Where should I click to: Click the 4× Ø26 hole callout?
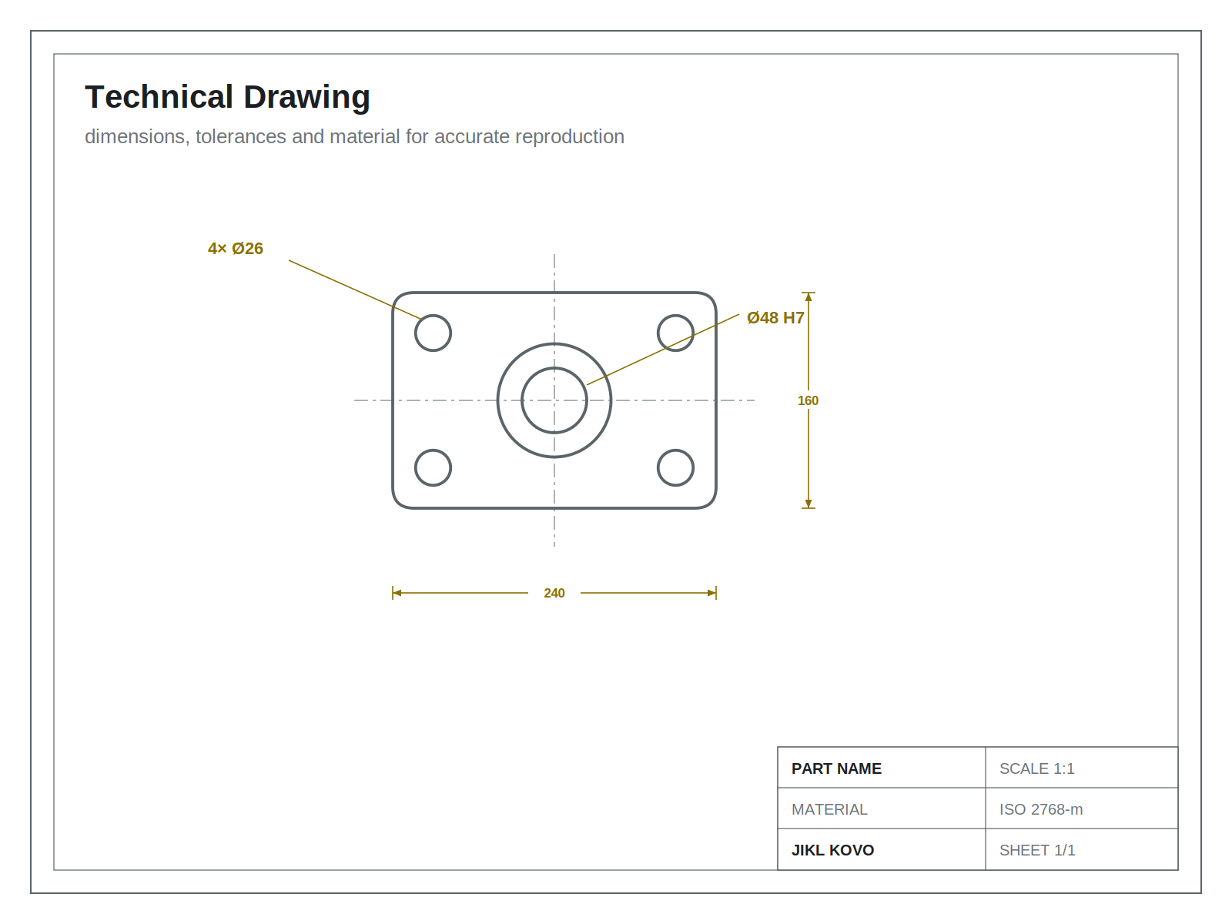[235, 249]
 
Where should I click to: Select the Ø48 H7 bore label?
[775, 318]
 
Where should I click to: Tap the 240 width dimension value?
[554, 593]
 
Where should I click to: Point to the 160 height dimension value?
[808, 400]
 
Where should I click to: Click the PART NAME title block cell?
[836, 768]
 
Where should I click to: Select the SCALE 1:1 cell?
[1036, 768]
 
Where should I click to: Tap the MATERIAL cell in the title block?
[829, 809]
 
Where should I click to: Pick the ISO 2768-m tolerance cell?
[1040, 809]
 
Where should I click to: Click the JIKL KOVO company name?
[832, 851]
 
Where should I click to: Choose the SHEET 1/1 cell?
[1037, 851]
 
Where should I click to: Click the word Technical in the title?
[159, 96]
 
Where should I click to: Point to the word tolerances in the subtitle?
[241, 136]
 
